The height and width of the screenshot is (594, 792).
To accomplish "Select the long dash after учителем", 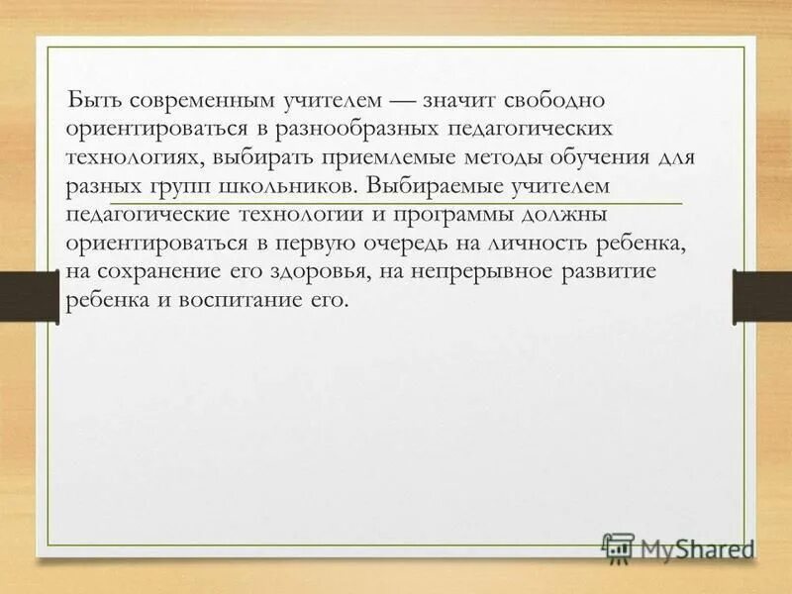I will pyautogui.click(x=400, y=101).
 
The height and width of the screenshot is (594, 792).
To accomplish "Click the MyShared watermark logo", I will pyautogui.click(x=677, y=547).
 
